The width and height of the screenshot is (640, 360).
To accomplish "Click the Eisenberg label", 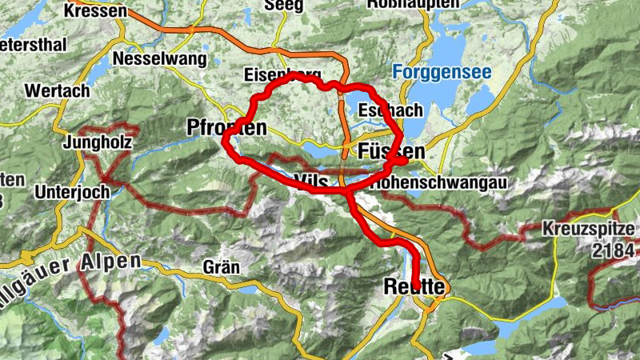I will coord(276,75).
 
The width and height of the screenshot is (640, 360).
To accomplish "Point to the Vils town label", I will coord(310,180).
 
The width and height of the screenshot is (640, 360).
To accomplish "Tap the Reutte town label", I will coord(414,286).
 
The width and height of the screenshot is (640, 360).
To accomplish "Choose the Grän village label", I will coord(222,266).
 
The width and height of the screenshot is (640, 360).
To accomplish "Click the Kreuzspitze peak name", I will coord(590,228).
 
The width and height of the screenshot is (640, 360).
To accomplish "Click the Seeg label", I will coord(289,6).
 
